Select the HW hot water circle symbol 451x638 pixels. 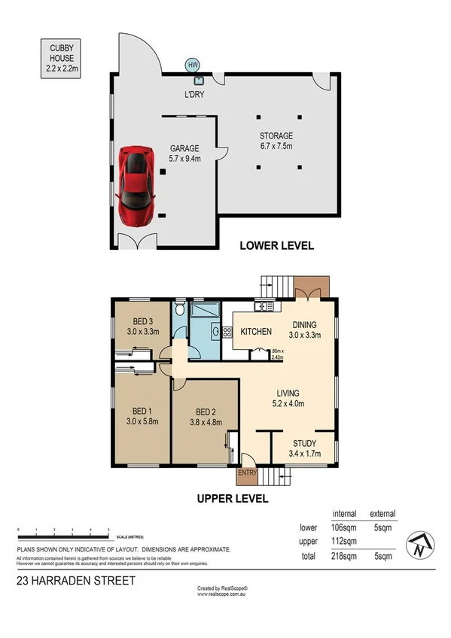(193, 65)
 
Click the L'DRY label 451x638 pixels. (194, 96)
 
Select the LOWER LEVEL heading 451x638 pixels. (276, 245)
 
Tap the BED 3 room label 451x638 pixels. (142, 324)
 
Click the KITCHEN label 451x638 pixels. (255, 332)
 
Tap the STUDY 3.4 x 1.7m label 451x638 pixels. (304, 448)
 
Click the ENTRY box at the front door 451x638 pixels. (247, 472)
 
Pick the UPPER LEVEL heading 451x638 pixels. (233, 498)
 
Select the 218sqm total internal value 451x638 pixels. (344, 556)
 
